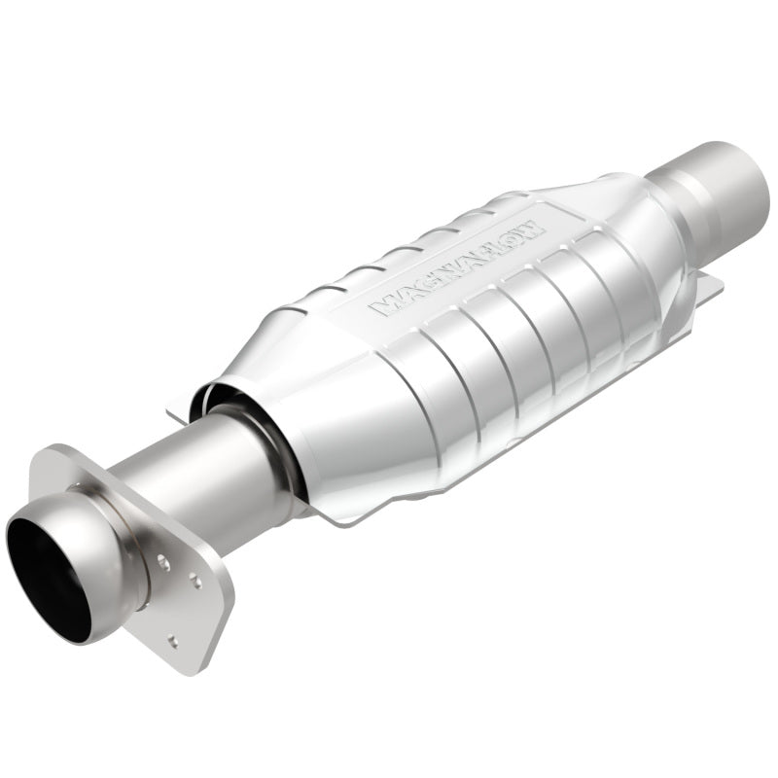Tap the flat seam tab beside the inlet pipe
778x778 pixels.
180,413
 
